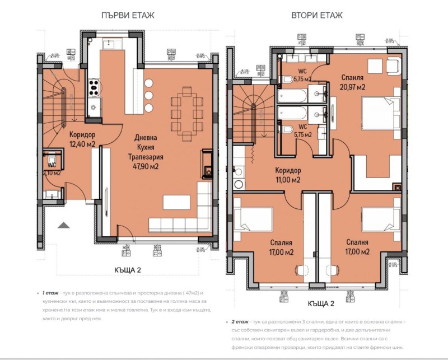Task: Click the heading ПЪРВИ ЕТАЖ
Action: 128,15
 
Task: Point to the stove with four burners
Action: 93,87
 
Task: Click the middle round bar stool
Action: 148,95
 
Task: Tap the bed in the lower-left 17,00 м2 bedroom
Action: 248,219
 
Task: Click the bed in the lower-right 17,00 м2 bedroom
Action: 379,219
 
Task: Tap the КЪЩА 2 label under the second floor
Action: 320,304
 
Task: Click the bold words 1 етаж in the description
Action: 47,293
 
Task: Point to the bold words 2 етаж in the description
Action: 241,322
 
